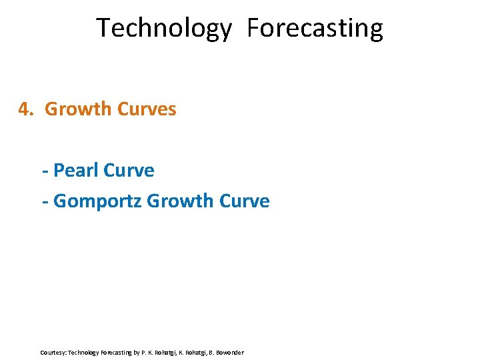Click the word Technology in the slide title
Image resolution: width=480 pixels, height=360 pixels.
pyautogui.click(x=164, y=29)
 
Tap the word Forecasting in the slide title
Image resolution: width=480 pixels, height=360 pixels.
pyautogui.click(x=315, y=29)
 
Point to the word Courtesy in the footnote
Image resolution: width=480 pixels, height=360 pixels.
pyautogui.click(x=53, y=352)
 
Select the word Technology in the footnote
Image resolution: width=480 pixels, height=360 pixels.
pyautogui.click(x=84, y=352)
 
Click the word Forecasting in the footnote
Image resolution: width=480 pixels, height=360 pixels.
pyautogui.click(x=117, y=352)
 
